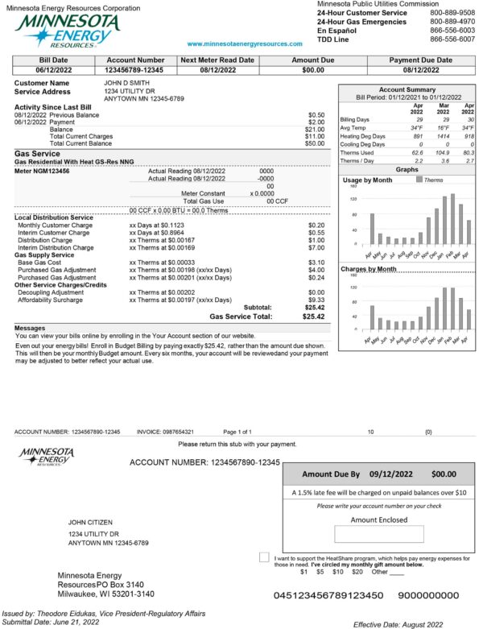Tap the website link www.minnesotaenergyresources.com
tap(245, 44)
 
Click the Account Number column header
tap(134, 60)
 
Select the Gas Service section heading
tap(37, 153)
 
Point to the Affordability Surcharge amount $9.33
tap(316, 299)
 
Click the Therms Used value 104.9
tap(439, 151)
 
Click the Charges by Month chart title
tap(369, 268)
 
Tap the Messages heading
tap(31, 328)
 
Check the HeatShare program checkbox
tap(265, 557)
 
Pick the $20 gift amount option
tap(357, 572)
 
